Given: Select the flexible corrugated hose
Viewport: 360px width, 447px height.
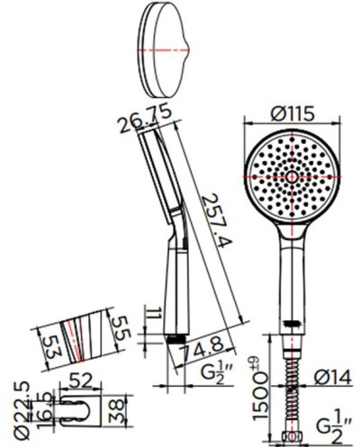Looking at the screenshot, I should pyautogui.click(x=291, y=387).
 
